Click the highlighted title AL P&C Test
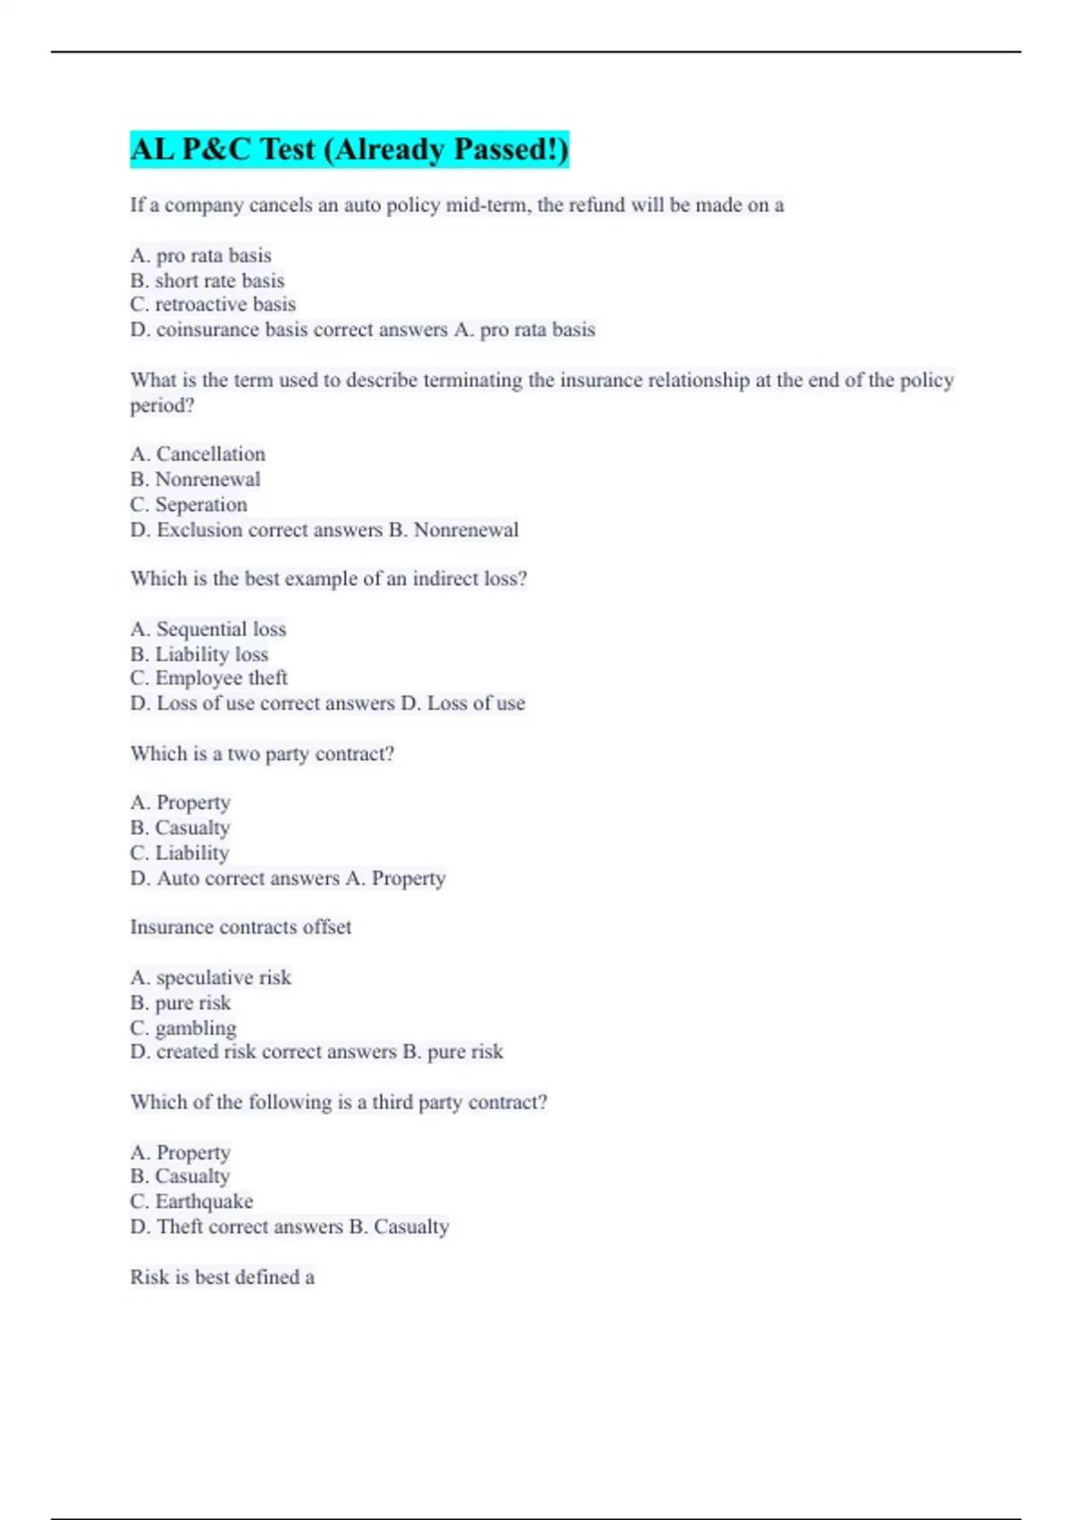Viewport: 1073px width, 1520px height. click(x=349, y=149)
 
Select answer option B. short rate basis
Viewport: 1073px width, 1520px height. click(x=207, y=280)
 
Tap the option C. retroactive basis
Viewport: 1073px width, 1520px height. click(x=213, y=304)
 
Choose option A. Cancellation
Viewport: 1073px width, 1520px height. click(x=198, y=454)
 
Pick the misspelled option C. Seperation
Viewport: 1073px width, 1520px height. click(x=189, y=504)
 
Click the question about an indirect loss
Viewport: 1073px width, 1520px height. click(x=328, y=578)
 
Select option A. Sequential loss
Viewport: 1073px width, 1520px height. click(x=208, y=629)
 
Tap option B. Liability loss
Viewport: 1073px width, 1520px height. click(x=199, y=654)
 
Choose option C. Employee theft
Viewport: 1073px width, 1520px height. click(x=209, y=678)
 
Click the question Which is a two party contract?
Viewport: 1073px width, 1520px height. click(x=262, y=754)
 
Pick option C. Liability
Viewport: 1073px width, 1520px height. click(x=180, y=853)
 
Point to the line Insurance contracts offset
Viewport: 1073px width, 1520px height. click(x=241, y=927)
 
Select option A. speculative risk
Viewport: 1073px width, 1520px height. click(x=211, y=977)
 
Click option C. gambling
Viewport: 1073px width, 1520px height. click(x=183, y=1027)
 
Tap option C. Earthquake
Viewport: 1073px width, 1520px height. click(x=191, y=1201)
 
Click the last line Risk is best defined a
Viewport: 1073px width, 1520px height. click(x=222, y=1277)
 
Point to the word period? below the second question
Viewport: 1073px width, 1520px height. click(x=162, y=405)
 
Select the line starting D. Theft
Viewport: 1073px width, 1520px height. click(x=289, y=1227)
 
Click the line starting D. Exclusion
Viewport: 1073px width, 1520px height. click(x=324, y=529)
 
